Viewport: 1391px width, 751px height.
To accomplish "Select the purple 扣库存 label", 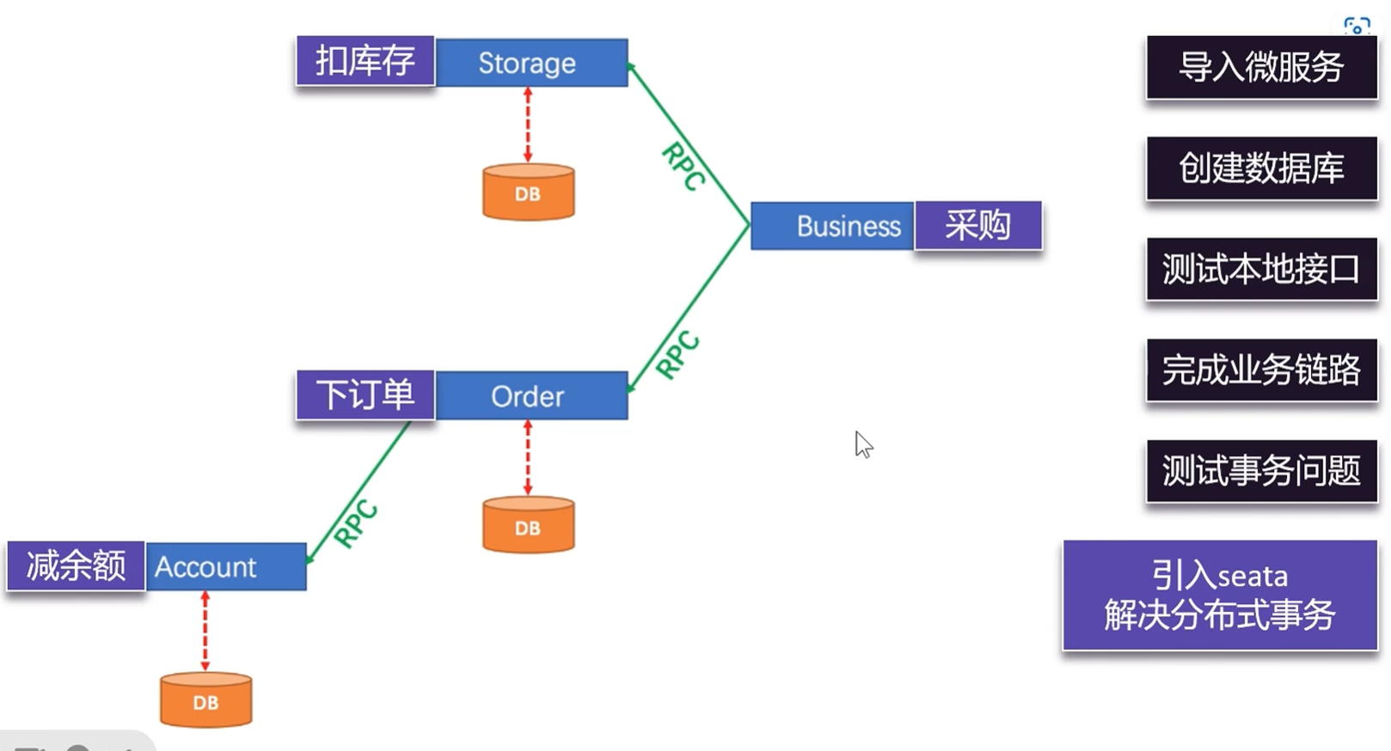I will tap(365, 61).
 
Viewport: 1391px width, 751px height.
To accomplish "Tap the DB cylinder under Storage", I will tap(528, 192).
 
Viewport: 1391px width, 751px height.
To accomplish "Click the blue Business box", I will tap(831, 226).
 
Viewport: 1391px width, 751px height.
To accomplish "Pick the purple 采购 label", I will tap(978, 226).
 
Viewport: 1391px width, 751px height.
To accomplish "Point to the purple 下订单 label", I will tap(365, 395).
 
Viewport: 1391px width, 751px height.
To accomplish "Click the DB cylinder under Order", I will tap(528, 526).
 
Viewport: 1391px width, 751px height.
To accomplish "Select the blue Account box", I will tap(225, 567).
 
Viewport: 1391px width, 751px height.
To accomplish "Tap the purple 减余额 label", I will tap(76, 566).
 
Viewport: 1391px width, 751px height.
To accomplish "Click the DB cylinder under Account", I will tap(205, 700).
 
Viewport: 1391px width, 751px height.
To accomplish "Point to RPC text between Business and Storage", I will tap(683, 166).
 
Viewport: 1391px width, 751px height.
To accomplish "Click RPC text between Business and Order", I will tap(677, 354).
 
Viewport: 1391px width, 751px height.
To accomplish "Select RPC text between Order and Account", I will tap(356, 523).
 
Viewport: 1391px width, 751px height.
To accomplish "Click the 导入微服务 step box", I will tap(1261, 67).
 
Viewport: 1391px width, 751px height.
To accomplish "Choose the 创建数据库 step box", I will tap(1261, 168).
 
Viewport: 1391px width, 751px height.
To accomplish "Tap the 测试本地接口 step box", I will tap(1261, 269).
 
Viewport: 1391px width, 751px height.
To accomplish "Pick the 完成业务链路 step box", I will tap(1261, 370).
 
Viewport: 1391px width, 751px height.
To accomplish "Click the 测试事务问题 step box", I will tap(1261, 471).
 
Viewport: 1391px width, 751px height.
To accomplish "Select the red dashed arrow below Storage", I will tap(528, 125).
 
